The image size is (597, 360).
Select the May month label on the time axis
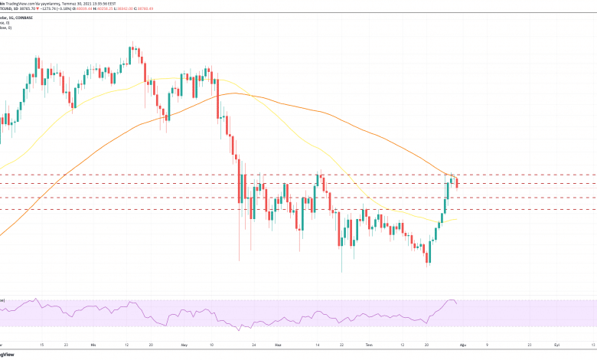coord(185,345)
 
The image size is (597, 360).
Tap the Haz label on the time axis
coord(278,345)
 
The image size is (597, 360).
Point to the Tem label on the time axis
coord(370,345)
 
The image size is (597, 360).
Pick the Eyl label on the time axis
coord(558,345)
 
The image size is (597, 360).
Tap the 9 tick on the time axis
coord(488,345)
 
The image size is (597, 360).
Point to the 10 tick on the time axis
coord(211,345)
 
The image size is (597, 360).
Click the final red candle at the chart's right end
coord(457,182)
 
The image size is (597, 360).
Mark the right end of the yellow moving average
coord(457,219)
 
